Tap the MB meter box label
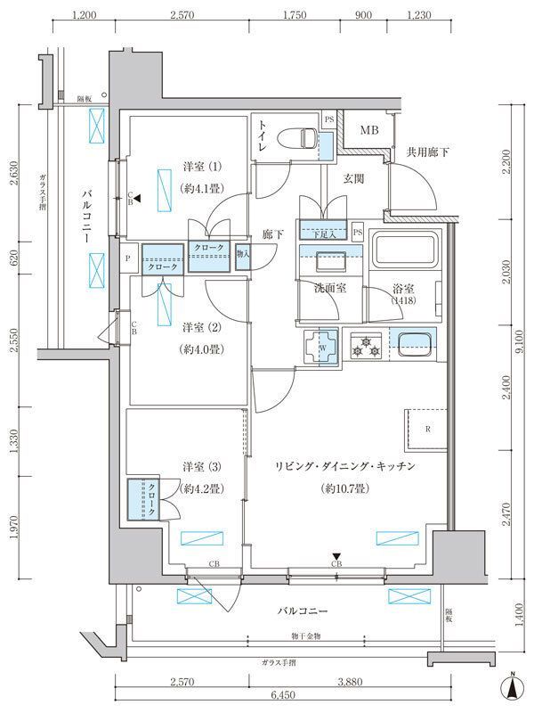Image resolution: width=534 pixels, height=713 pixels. pos(368,132)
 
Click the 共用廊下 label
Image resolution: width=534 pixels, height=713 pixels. pos(426,152)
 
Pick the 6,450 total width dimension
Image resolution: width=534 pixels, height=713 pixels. pos(283,696)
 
